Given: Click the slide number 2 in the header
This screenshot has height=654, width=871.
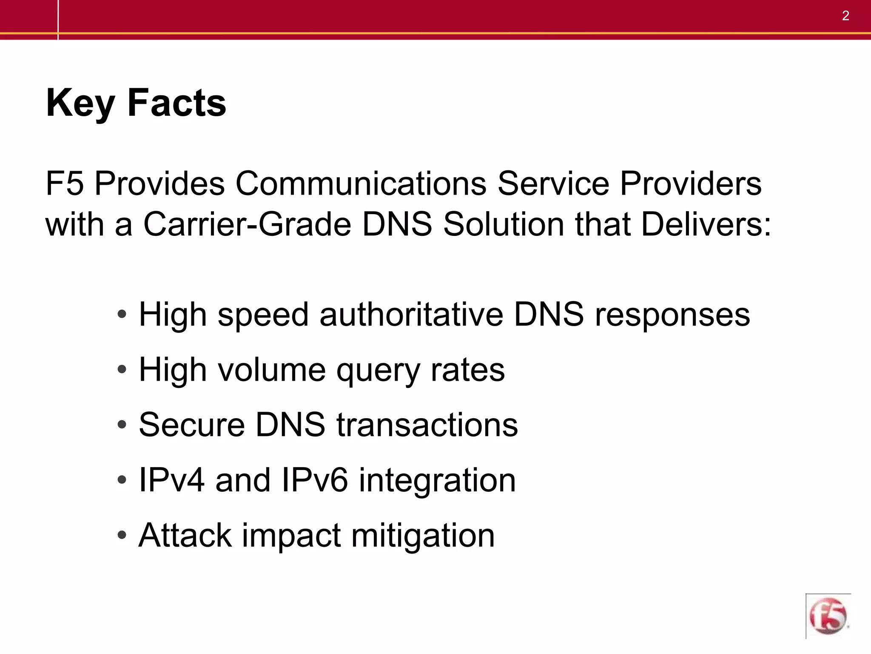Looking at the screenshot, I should coord(845,16).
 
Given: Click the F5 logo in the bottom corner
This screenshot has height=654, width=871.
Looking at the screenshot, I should coord(828,616).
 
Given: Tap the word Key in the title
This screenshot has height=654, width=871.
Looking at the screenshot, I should coord(80,103).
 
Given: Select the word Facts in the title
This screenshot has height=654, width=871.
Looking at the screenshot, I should coord(176,103).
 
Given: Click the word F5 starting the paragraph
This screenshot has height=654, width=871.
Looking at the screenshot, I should coord(65,184).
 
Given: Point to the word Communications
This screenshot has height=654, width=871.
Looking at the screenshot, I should coord(361,184).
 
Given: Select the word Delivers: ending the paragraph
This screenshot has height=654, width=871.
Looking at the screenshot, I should coord(706,224).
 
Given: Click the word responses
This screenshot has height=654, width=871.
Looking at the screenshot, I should coord(672,315).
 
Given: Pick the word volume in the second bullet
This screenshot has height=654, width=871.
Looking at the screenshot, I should coord(272,370).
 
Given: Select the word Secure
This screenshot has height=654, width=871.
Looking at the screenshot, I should coord(192,425).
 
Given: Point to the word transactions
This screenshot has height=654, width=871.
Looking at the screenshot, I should coord(427,425).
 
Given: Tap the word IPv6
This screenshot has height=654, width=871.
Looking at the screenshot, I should coord(315,480).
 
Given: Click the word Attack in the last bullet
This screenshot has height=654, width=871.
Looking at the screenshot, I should coord(185,535).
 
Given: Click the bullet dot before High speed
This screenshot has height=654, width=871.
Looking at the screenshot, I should coord(122,315).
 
